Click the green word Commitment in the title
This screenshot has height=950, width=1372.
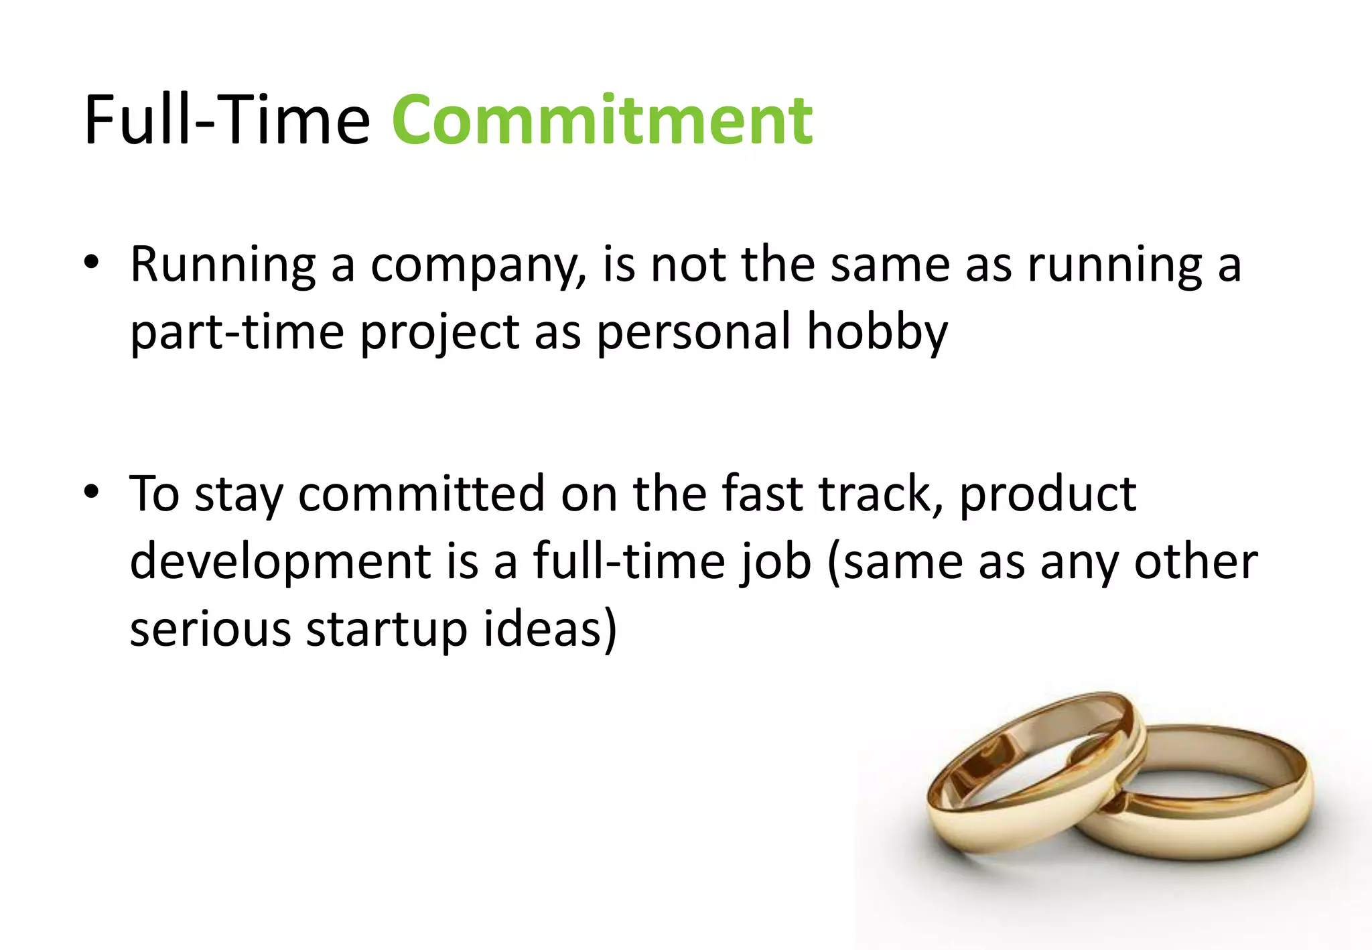(x=602, y=121)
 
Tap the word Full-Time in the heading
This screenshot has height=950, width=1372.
(x=226, y=121)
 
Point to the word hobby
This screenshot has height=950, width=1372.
(x=877, y=332)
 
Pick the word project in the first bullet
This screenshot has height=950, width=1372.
(x=439, y=332)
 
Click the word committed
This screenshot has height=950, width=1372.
(x=421, y=494)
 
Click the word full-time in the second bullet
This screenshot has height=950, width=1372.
(x=629, y=561)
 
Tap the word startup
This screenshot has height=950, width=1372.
(x=386, y=630)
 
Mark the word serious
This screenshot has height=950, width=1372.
(x=210, y=630)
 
